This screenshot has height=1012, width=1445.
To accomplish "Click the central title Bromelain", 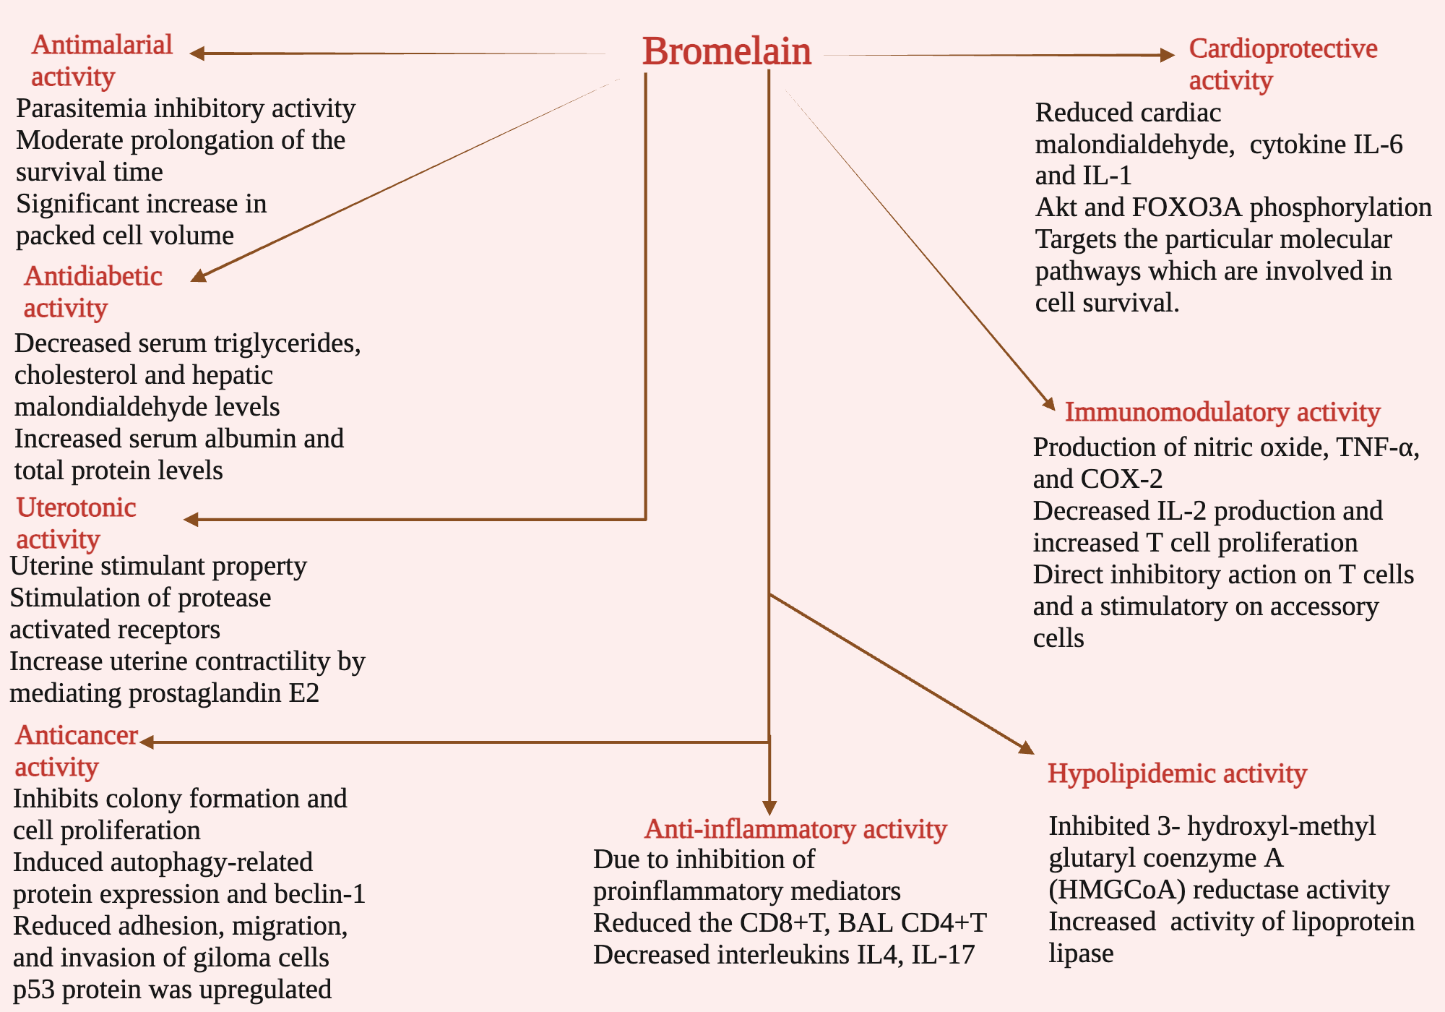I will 727,52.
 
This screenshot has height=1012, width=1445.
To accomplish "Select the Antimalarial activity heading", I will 101,61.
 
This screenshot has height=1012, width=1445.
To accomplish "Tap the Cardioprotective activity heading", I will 1282,64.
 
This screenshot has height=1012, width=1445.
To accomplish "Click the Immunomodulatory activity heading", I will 1222,412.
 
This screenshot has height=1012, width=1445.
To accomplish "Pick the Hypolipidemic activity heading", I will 1177,773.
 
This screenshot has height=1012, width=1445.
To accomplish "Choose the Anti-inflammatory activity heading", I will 795,829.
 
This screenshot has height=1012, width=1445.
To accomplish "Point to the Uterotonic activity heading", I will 76,523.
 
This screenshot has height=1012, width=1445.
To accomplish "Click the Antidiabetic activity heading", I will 92,291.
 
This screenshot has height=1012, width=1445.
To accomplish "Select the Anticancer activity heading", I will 76,750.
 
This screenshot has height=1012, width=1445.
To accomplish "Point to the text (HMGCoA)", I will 1117,890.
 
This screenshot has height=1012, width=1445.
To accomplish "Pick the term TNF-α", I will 1376,447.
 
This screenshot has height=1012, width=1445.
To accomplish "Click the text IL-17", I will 943,955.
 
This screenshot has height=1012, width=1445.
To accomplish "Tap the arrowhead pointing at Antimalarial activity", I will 197,53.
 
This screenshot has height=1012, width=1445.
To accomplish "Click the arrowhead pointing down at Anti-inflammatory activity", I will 769,808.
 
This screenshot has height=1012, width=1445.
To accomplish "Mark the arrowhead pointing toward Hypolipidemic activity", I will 1026,748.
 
